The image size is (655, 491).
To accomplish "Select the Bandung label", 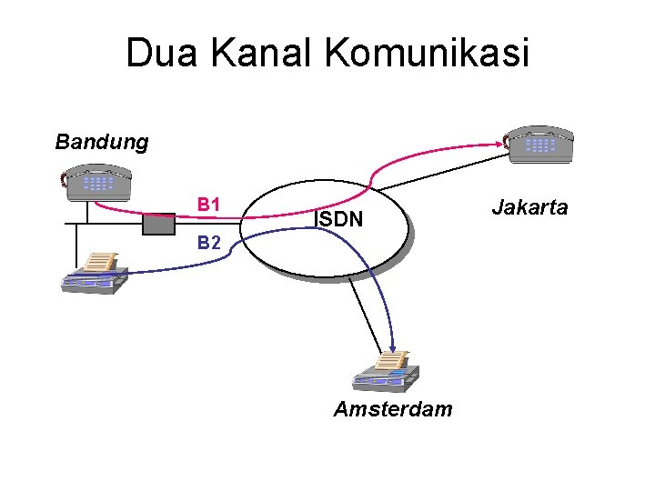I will click(x=101, y=142).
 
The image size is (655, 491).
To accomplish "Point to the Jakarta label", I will click(x=529, y=207).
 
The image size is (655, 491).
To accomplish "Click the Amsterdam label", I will click(x=392, y=409).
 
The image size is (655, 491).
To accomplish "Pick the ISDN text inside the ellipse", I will click(x=338, y=219).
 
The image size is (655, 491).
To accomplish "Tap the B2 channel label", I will click(x=210, y=243).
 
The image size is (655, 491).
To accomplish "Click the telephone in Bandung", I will click(x=98, y=185).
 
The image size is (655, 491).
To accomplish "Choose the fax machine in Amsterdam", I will click(x=386, y=371).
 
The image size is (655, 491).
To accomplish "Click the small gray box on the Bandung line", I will click(x=159, y=224).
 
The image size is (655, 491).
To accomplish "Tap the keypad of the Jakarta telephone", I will click(x=540, y=144).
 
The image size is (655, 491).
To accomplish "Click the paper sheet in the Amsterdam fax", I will click(x=392, y=360).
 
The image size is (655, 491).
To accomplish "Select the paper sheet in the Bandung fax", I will click(x=99, y=262).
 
